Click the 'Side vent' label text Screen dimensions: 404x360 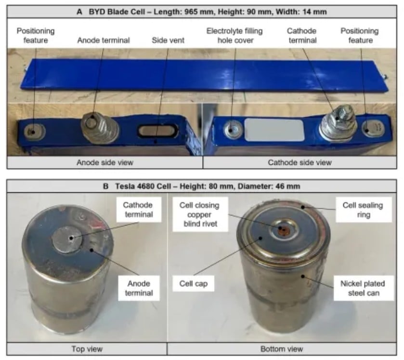[x=168, y=40]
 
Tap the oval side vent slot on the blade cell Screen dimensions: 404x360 [x=157, y=131]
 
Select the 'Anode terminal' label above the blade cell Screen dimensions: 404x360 [x=104, y=40]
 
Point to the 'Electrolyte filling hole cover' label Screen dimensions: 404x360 [x=235, y=36]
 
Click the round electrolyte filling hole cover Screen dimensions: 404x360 [x=233, y=129]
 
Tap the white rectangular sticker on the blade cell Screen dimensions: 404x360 [x=274, y=130]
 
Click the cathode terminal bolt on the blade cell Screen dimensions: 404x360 [x=338, y=123]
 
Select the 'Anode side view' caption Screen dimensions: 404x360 [x=105, y=162]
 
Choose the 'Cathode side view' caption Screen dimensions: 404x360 [x=300, y=162]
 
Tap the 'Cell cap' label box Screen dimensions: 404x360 [x=193, y=284]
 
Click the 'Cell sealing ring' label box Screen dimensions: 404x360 [x=363, y=210]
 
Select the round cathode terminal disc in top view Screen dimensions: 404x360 [x=67, y=240]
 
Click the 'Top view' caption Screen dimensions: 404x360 [x=87, y=349]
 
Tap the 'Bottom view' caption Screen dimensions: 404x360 [x=282, y=349]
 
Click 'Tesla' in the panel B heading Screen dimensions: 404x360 [x=126, y=186]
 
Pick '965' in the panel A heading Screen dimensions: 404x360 [x=191, y=12]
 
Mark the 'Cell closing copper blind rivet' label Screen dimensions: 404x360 [x=200, y=214]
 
